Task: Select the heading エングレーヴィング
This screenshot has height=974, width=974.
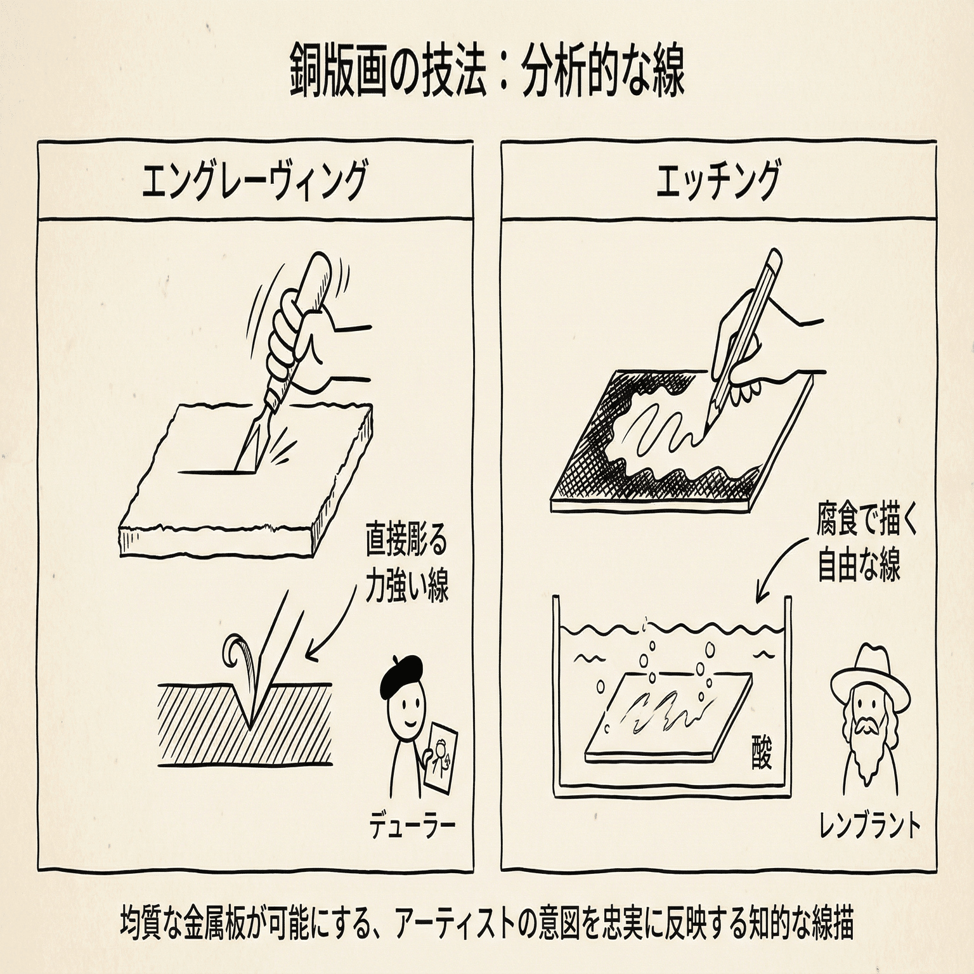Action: click(254, 181)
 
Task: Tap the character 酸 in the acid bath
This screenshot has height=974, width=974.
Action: click(760, 753)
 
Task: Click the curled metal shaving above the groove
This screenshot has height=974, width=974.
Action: click(236, 653)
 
